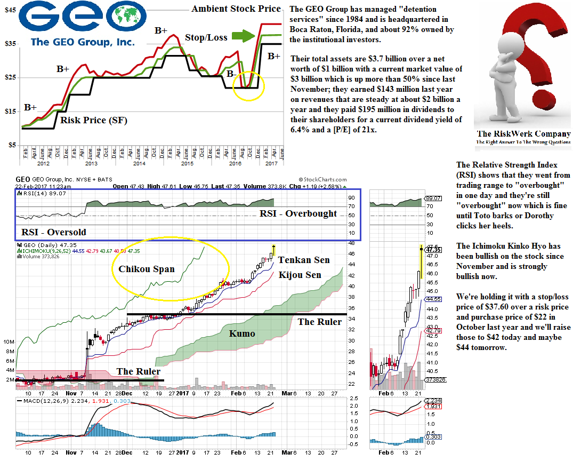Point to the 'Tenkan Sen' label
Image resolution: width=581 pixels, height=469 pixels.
(304, 260)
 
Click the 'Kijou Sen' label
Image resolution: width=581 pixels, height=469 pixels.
(300, 275)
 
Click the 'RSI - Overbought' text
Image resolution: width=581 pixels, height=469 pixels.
(298, 213)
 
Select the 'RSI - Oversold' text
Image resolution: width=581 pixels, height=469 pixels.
(53, 232)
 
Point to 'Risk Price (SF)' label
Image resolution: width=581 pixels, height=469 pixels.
(93, 120)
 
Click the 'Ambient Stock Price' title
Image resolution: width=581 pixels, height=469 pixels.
(236, 9)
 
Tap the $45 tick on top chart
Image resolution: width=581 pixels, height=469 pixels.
(10, 10)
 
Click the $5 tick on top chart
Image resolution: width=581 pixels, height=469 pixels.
(11, 145)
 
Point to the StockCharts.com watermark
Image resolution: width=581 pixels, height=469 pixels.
(322, 180)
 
